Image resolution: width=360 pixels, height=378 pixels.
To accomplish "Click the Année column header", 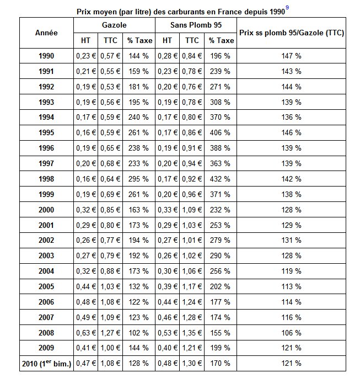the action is tap(46, 33).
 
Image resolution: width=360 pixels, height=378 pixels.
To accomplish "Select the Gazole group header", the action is tap(114, 25).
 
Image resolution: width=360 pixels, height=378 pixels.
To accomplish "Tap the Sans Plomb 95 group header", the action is tap(196, 25).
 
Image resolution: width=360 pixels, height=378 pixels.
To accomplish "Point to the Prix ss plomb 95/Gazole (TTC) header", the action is tap(292, 33).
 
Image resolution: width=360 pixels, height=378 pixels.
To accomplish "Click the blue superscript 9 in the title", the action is tap(287, 8).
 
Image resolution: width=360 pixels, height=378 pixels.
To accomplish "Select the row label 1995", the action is tap(46, 132).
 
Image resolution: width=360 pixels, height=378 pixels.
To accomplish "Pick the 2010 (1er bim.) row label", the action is tap(46, 363).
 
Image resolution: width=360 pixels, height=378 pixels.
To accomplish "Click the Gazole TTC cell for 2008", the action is tap(110, 333).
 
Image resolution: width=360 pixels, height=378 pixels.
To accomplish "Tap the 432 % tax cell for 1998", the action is tap(220, 179).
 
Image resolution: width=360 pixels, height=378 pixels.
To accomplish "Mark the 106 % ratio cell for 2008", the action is tap(292, 333).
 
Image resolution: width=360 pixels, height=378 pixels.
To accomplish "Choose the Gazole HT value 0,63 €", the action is tap(86, 333).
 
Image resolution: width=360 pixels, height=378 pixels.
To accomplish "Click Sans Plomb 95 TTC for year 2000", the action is tap(192, 210).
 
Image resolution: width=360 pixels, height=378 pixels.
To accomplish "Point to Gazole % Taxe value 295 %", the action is tap(138, 179).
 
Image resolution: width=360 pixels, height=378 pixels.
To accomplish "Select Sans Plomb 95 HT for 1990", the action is tap(168, 56).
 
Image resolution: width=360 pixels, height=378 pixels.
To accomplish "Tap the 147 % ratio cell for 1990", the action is tap(292, 56).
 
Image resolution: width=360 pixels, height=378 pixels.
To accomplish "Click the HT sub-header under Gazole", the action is tap(85, 40).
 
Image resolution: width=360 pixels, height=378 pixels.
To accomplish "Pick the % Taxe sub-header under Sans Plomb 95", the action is tap(221, 40).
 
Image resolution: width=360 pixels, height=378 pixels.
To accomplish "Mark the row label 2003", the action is tap(46, 255).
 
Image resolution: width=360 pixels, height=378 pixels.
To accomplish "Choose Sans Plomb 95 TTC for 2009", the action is tap(192, 348).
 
